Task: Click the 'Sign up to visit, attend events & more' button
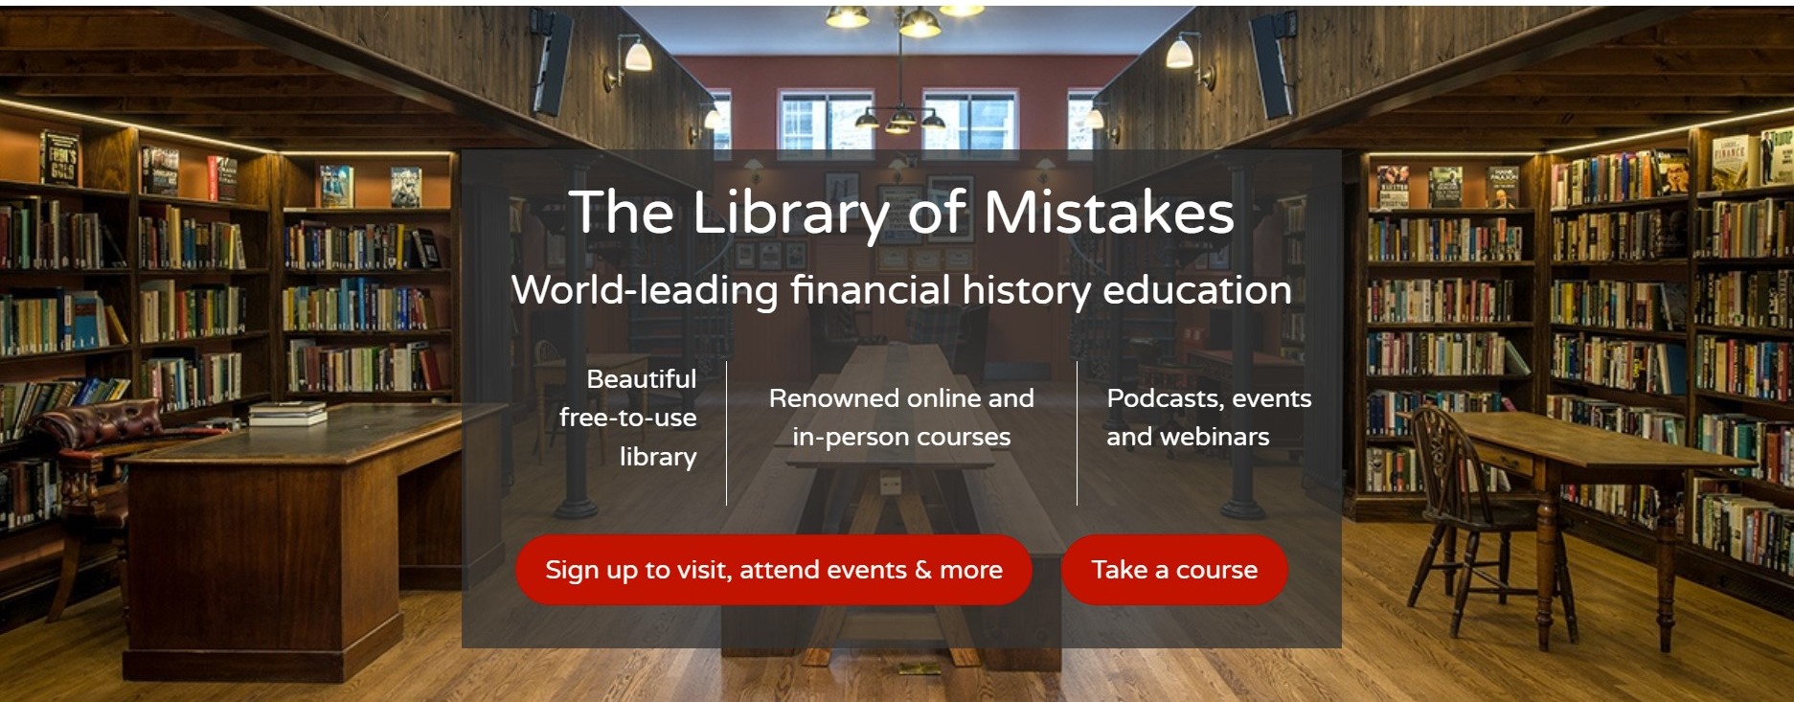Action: [x=773, y=570]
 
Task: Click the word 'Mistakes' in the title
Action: [x=1108, y=213]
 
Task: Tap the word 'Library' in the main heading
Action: [x=789, y=213]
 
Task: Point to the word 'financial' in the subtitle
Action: [x=870, y=290]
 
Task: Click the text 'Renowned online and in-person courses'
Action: [x=901, y=418]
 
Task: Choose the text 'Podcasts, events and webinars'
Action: [x=1208, y=418]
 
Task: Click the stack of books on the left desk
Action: [x=287, y=413]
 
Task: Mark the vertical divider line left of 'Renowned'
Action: [x=727, y=433]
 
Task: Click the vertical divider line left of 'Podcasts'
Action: [x=1078, y=433]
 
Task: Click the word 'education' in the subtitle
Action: [x=1197, y=290]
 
